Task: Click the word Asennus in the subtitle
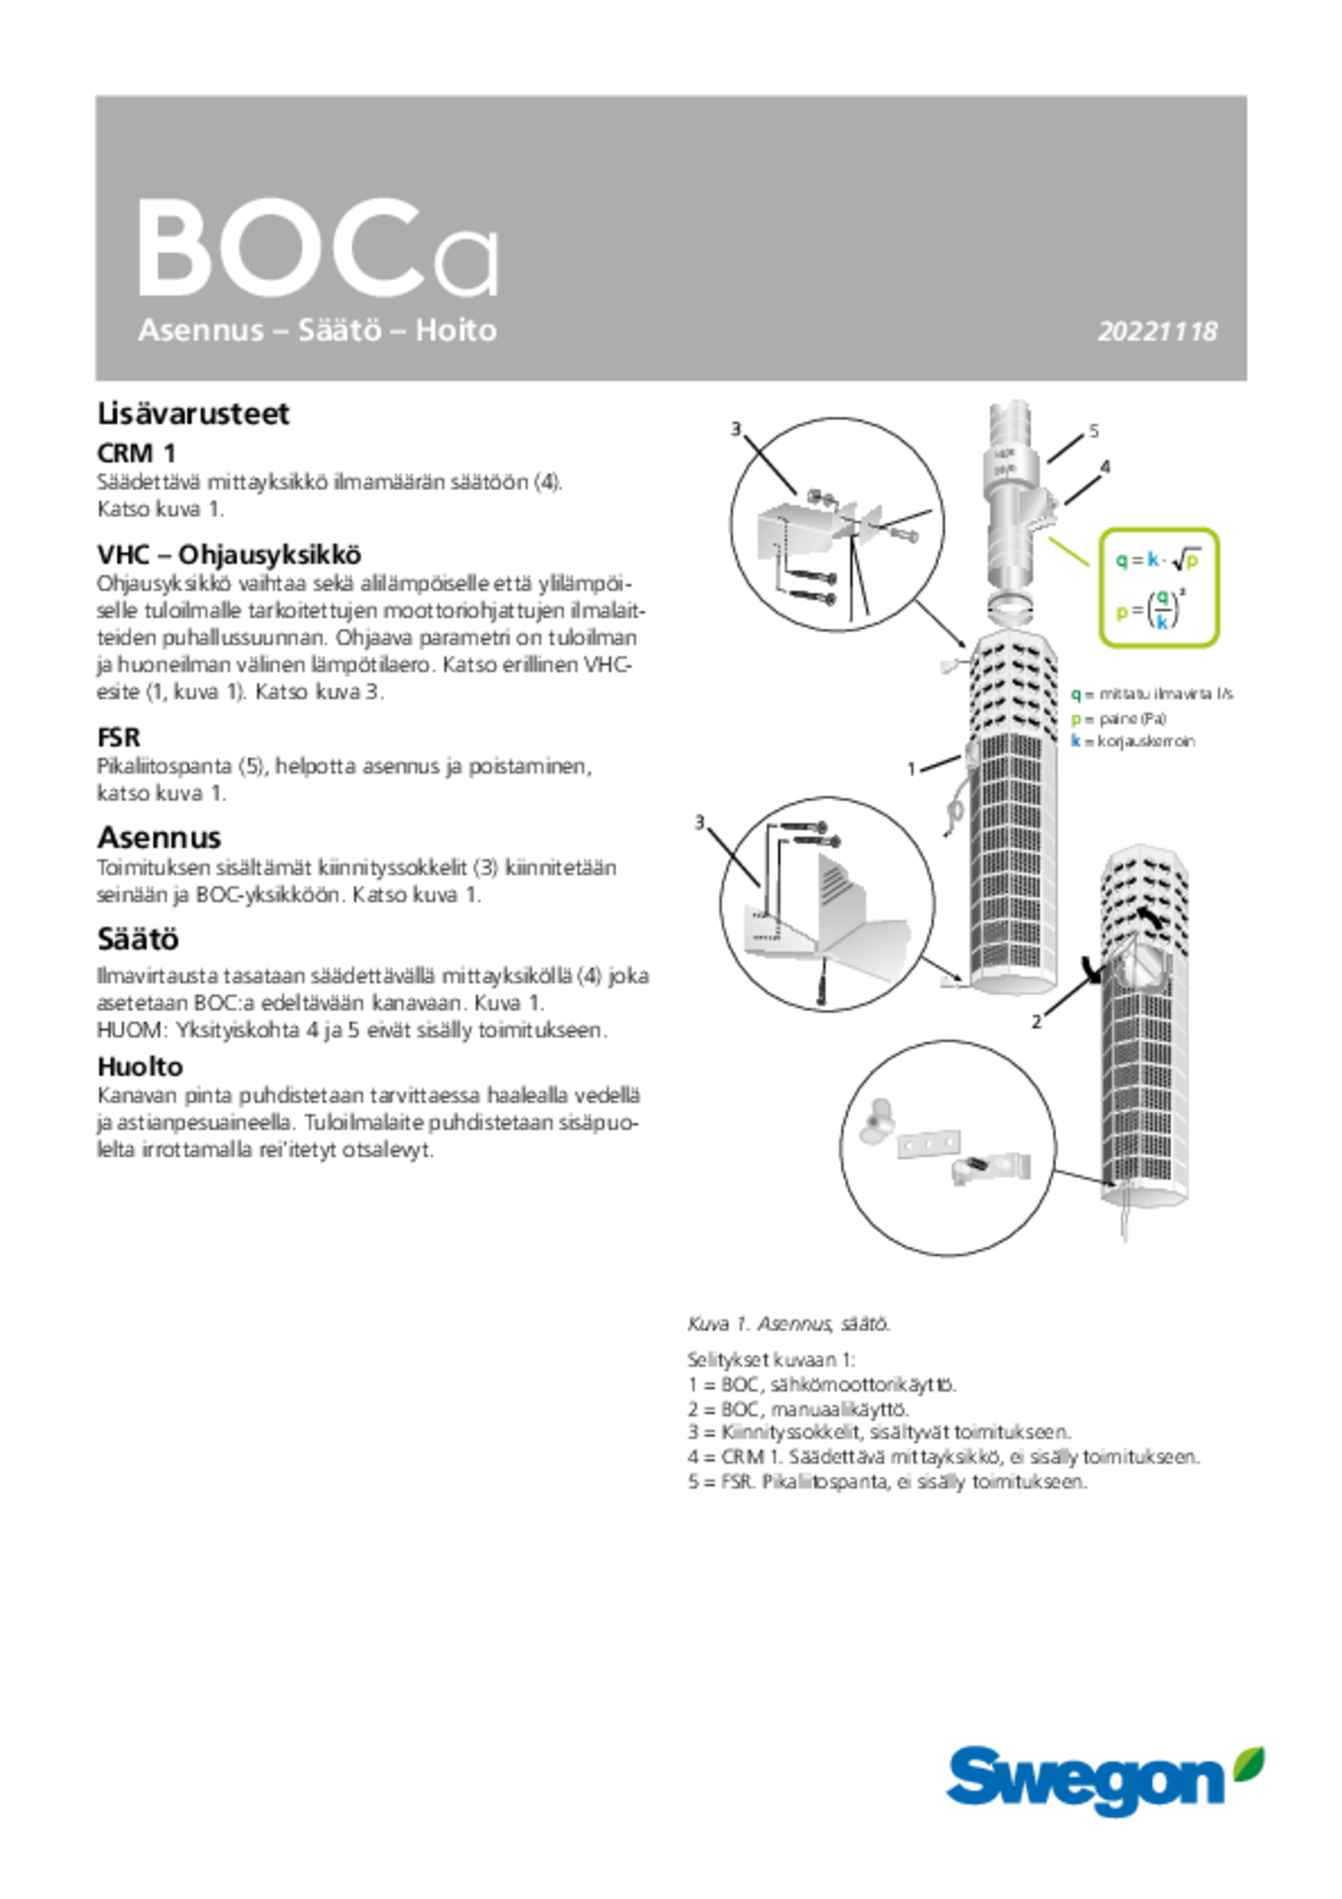click(x=200, y=330)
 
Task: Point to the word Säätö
click(x=340, y=330)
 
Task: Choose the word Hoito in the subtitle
click(x=455, y=330)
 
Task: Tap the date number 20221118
click(x=1157, y=332)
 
